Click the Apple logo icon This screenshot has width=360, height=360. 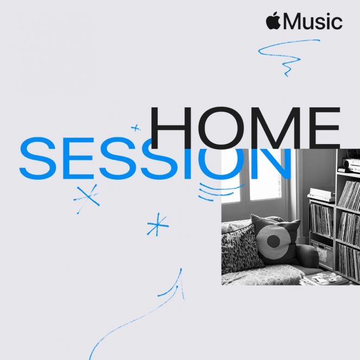pos(273,21)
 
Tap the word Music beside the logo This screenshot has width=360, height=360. pos(313,21)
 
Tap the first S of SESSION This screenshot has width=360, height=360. pos(37,158)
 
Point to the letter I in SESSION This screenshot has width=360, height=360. pos(188,163)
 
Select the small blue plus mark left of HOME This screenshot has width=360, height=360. pos(135,128)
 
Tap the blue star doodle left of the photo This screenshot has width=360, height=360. pos(158,225)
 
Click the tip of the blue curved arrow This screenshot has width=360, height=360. pos(181,269)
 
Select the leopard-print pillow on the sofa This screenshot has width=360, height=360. pos(241,250)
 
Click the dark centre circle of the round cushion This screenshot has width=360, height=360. pos(273,241)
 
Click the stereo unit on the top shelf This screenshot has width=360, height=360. pos(351,165)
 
